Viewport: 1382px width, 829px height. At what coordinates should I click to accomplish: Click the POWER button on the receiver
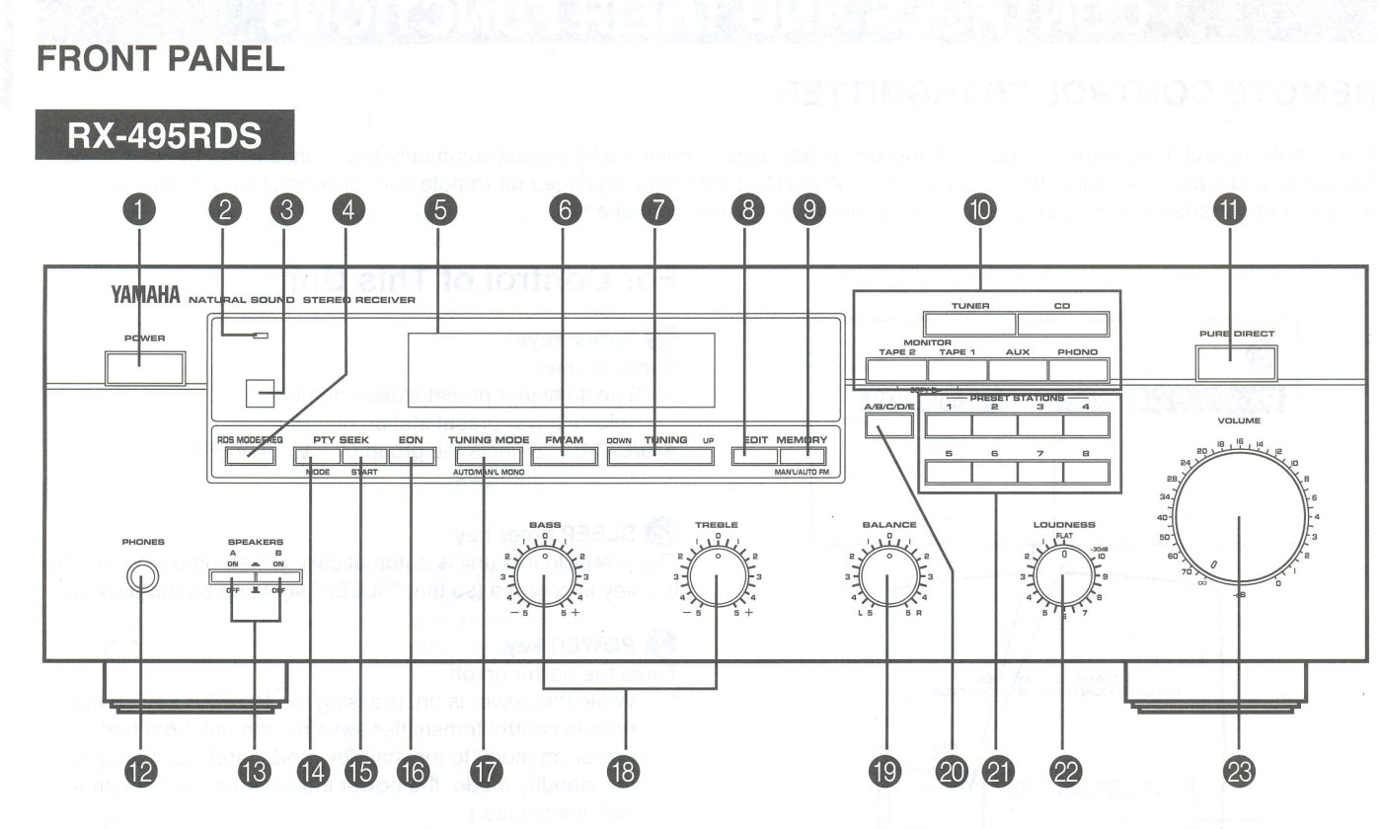pyautogui.click(x=144, y=368)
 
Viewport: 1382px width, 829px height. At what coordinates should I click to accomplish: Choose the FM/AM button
pyautogui.click(x=562, y=457)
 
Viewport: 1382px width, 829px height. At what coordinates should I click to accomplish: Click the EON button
pyautogui.click(x=411, y=457)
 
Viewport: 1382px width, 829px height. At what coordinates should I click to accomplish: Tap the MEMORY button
pyautogui.click(x=802, y=457)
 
